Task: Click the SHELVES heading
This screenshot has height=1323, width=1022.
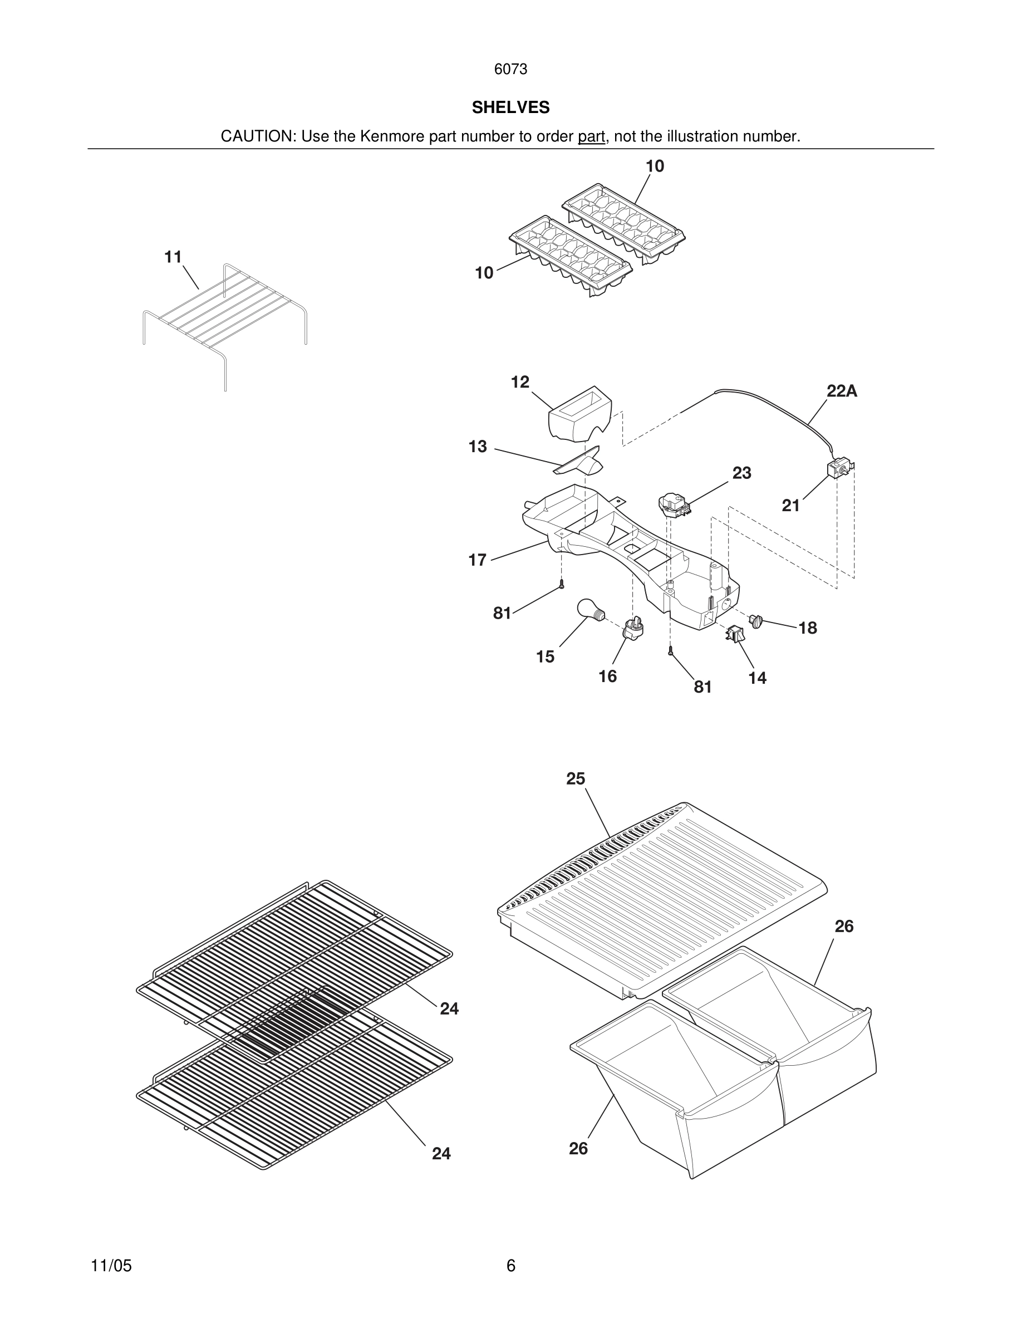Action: (510, 107)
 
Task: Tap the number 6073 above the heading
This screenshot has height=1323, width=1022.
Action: (510, 69)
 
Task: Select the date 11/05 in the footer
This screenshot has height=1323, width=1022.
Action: (111, 1266)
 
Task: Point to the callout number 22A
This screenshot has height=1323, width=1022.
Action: (842, 391)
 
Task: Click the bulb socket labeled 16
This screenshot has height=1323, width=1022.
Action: (633, 628)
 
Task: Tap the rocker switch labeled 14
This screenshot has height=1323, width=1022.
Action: (735, 634)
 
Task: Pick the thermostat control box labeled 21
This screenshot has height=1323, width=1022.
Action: (840, 469)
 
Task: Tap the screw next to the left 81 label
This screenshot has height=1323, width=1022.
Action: (562, 585)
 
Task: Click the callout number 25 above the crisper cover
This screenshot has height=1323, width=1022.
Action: (575, 778)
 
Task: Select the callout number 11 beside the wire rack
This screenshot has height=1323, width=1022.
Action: (173, 257)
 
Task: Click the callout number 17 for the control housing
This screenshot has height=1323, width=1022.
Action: (477, 560)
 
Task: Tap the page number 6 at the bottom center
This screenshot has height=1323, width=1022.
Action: (510, 1266)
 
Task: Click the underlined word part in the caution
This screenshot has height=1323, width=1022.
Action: (591, 136)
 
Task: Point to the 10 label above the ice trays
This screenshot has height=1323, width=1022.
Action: (655, 166)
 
